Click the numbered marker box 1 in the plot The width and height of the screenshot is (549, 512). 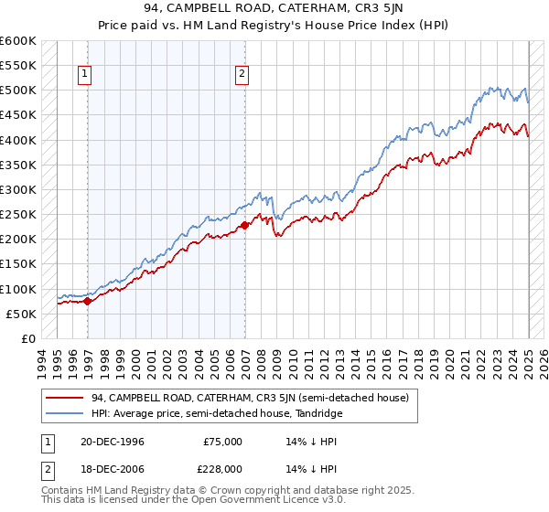84,74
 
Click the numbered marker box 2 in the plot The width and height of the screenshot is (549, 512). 242,74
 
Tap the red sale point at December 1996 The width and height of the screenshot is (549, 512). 88,300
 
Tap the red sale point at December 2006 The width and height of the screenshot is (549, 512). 245,225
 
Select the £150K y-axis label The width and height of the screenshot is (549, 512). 18,264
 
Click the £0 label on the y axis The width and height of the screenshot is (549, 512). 27,338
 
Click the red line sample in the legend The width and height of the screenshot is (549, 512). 64,398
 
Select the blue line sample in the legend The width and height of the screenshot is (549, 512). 64,413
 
